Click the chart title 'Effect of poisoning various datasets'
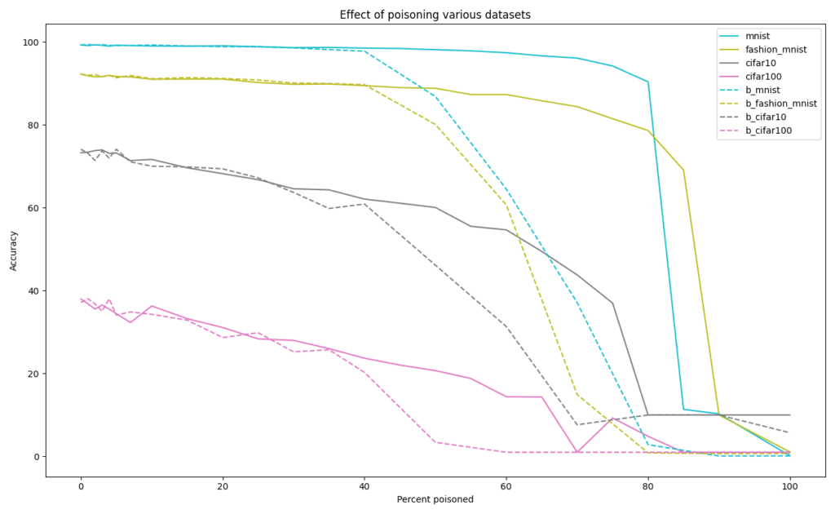coord(417,15)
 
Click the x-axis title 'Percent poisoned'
coord(435,498)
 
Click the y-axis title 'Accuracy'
coord(14,249)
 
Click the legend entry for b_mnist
coord(762,90)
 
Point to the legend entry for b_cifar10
coord(766,117)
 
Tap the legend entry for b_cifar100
coord(768,131)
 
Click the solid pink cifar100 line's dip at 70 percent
coord(577,451)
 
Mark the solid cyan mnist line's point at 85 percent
coord(683,409)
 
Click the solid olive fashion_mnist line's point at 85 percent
coord(683,170)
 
